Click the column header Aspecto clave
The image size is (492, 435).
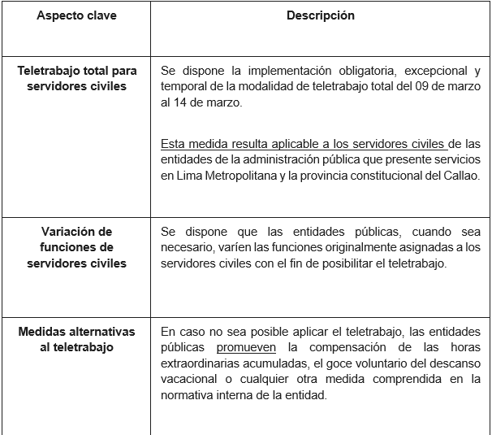pyautogui.click(x=76, y=16)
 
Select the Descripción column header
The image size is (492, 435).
pyautogui.click(x=320, y=16)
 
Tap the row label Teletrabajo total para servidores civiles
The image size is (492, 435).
pyautogui.click(x=76, y=78)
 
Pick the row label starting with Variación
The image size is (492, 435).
pyautogui.click(x=76, y=247)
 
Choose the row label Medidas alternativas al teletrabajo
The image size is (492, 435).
pyautogui.click(x=76, y=339)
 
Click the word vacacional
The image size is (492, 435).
pyautogui.click(x=190, y=379)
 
